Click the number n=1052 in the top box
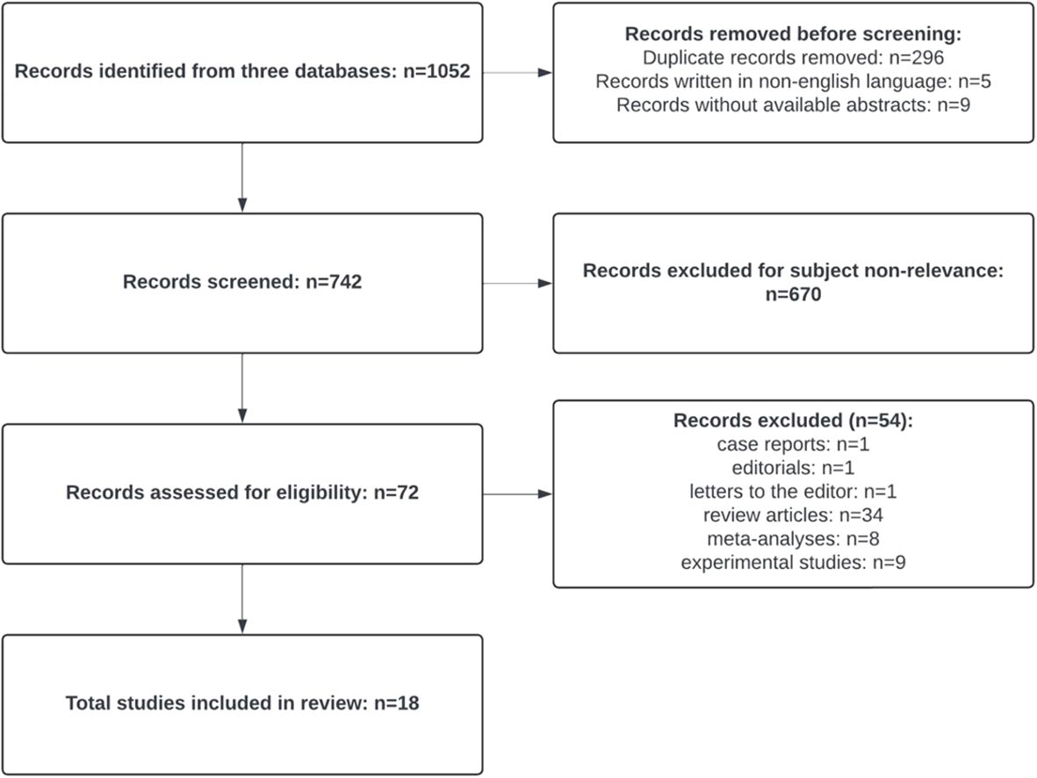[436, 71]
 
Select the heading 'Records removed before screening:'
[793, 33]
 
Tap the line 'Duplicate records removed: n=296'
[793, 58]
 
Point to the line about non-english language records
[793, 82]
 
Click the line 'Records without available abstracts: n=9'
[793, 105]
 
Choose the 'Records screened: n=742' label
[242, 282]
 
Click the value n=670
[793, 294]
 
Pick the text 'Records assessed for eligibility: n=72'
[242, 493]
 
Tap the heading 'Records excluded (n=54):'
[793, 420]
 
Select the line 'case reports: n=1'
[793, 444]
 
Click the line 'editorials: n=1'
[793, 468]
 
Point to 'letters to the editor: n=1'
[793, 492]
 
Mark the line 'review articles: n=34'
[793, 515]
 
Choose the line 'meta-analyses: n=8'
[793, 539]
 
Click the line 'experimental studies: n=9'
[793, 563]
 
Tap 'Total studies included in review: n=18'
[242, 702]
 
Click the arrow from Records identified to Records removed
[518, 72]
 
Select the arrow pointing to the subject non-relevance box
[518, 283]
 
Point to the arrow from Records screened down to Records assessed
[242, 387]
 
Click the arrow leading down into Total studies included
[242, 599]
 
